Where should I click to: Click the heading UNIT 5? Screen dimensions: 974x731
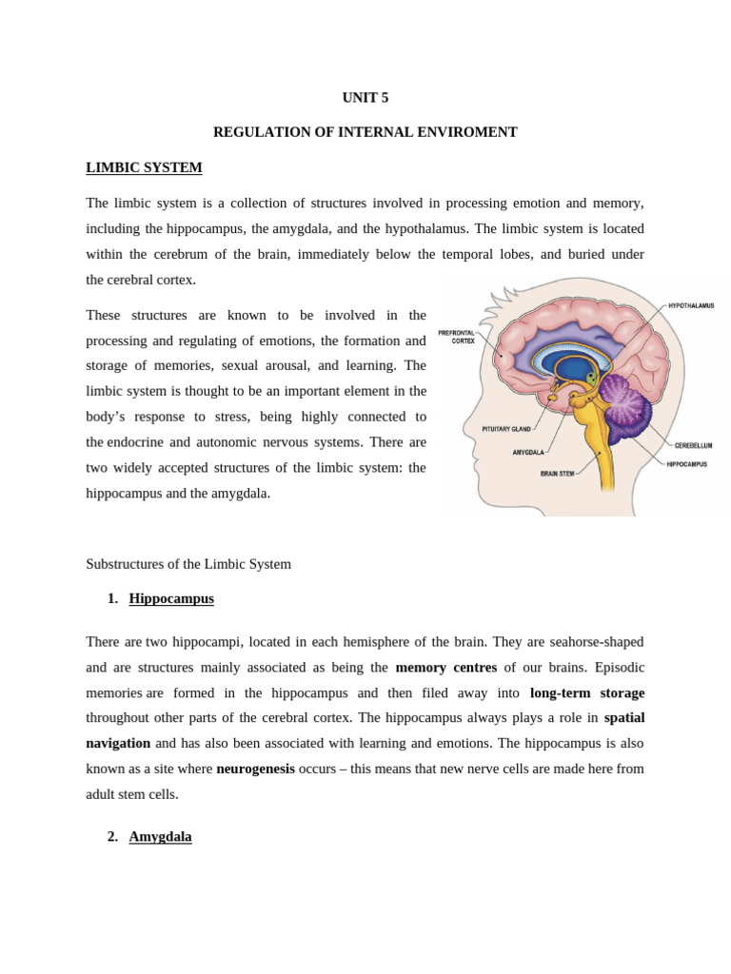365,97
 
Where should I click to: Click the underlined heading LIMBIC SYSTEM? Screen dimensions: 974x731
144,167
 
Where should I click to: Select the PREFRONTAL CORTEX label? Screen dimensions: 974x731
457,337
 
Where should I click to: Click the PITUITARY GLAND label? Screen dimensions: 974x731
506,429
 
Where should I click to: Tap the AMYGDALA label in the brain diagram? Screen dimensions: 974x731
528,452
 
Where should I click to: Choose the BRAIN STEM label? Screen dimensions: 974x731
557,473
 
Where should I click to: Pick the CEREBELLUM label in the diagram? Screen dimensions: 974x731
693,445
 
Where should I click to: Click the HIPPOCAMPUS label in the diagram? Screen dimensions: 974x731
686,464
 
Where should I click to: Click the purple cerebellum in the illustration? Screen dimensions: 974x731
626,404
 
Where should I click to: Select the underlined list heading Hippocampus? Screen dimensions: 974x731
171,598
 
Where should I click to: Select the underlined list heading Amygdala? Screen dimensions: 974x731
160,836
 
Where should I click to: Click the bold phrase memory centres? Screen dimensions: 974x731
446,667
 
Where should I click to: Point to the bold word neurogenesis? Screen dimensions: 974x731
255,768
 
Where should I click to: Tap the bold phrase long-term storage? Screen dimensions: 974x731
587,692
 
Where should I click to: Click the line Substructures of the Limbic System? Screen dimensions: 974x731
188,563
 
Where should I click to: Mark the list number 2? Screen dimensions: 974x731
112,836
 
